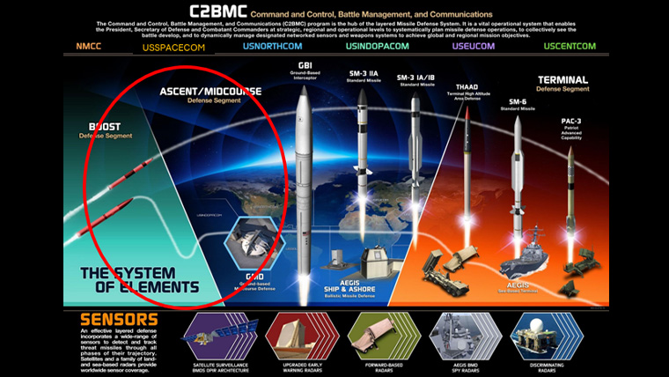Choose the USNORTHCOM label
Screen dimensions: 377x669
272,46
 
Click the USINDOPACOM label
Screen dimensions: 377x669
375,46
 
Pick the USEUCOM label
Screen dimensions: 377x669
473,46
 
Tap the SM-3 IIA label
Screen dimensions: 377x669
360,77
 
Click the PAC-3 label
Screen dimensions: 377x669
570,121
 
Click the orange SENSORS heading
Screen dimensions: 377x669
120,318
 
